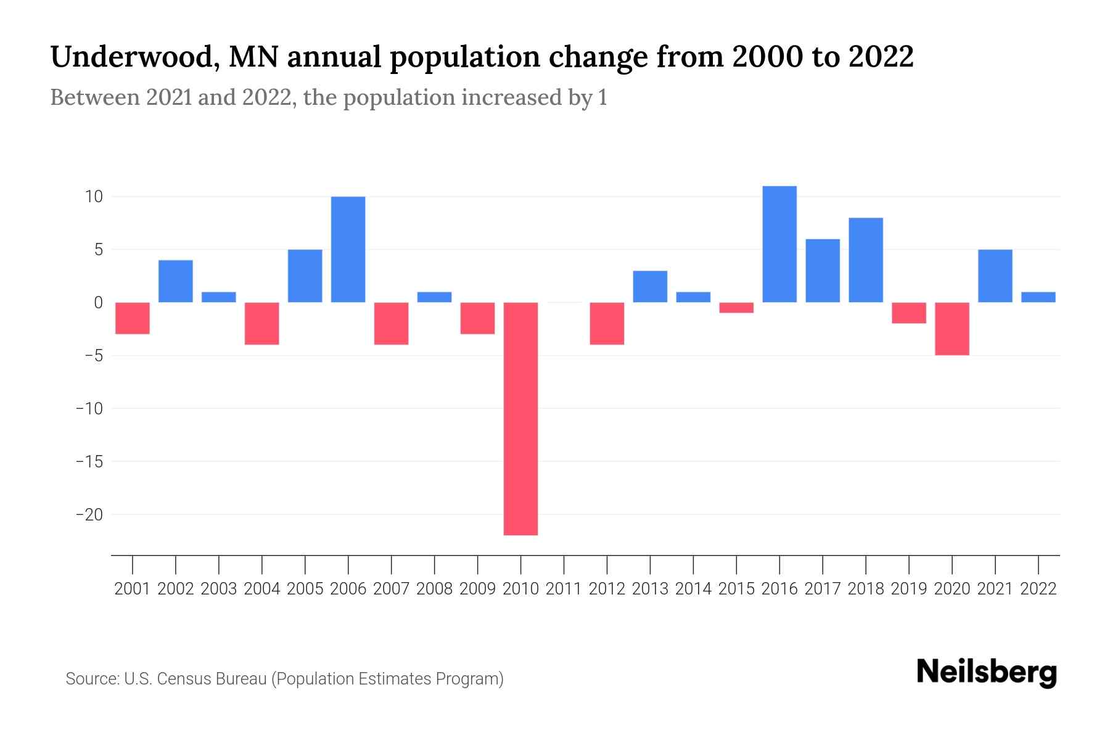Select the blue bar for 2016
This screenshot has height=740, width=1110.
coord(779,244)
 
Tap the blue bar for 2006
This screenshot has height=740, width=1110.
coord(348,249)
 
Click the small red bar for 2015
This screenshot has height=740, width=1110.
coord(736,308)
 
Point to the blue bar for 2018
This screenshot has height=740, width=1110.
coord(866,260)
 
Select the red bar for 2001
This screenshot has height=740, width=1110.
coord(133,318)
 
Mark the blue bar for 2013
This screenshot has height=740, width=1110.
coord(650,287)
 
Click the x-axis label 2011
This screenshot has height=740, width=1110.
coord(564,589)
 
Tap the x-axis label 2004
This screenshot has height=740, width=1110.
coord(262,589)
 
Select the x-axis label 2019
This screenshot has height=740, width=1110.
coord(909,589)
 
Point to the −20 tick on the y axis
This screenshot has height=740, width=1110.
coord(89,514)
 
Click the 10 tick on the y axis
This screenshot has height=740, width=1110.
coord(94,197)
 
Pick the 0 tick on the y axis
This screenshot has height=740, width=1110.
coord(98,303)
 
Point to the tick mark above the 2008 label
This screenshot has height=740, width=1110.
coord(435,564)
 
